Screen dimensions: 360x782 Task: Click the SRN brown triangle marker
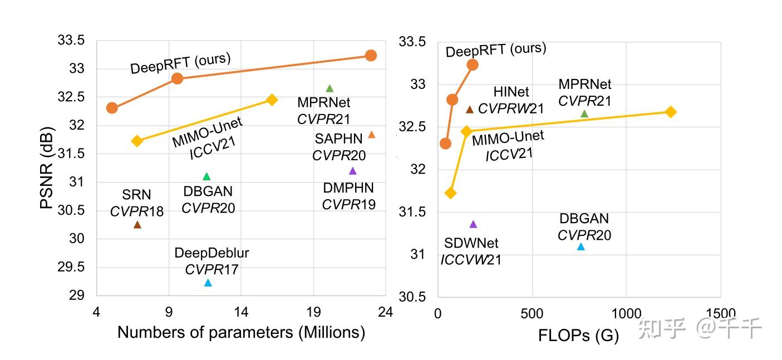137,225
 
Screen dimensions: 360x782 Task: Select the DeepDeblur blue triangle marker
208,283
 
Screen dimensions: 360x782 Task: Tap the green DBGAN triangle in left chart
206,176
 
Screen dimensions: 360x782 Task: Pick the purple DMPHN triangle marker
352,171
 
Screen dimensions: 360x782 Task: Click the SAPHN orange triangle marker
372,135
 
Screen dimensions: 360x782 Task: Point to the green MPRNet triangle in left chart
329,88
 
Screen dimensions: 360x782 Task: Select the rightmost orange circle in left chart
371,55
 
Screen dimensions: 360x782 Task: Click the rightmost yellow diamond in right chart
671,112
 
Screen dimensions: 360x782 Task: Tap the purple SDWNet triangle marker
474,224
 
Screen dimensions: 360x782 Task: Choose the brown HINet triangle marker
470,110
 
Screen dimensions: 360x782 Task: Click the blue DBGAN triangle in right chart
581,246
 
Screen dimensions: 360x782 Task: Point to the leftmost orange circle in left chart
112,107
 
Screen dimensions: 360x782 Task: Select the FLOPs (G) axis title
578,336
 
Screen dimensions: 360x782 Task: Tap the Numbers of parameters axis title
241,332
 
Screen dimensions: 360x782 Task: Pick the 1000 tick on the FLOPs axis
626,314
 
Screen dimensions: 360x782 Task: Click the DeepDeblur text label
212,253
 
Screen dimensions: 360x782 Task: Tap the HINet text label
511,92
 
